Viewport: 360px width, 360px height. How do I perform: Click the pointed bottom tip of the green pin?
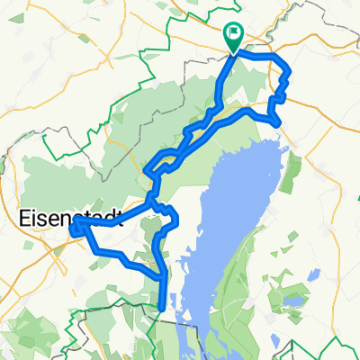pyautogui.click(x=234, y=50)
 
